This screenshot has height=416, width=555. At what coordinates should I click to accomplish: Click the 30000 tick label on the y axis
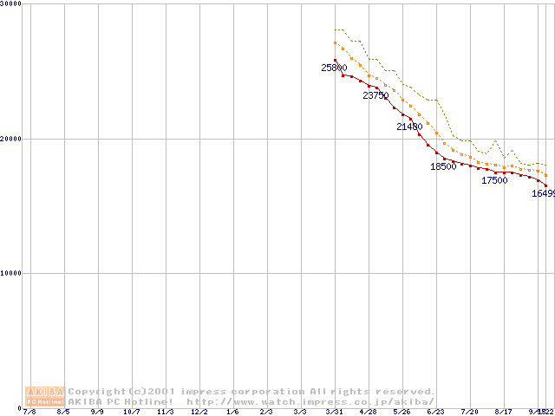[11, 4]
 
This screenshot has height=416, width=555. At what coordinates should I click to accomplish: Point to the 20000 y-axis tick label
[11, 139]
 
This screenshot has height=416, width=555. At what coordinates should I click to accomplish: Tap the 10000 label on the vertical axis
[11, 273]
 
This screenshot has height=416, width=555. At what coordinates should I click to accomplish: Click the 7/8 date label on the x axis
[30, 412]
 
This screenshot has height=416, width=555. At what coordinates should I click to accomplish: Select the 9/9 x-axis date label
[97, 412]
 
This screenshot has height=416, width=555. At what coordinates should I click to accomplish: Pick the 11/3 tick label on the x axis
[165, 412]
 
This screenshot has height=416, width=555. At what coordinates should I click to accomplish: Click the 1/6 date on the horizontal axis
[232, 412]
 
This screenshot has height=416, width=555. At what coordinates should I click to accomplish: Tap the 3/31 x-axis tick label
[334, 412]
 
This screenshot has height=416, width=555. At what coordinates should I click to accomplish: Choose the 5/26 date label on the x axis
[402, 412]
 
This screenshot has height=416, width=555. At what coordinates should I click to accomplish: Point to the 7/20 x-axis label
[469, 412]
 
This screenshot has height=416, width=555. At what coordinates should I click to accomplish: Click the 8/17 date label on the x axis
[503, 412]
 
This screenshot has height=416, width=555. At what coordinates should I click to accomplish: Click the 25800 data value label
[334, 68]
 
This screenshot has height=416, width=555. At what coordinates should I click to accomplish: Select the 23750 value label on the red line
[375, 96]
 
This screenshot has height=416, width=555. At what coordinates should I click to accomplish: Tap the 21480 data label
[409, 127]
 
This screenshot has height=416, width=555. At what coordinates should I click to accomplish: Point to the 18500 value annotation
[443, 166]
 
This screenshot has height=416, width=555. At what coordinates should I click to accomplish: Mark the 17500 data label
[494, 180]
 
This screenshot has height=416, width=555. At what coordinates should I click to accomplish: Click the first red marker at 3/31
[336, 60]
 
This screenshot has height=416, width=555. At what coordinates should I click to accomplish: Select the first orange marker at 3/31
[336, 42]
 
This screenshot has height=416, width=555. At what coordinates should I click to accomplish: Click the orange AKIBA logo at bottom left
[45, 396]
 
